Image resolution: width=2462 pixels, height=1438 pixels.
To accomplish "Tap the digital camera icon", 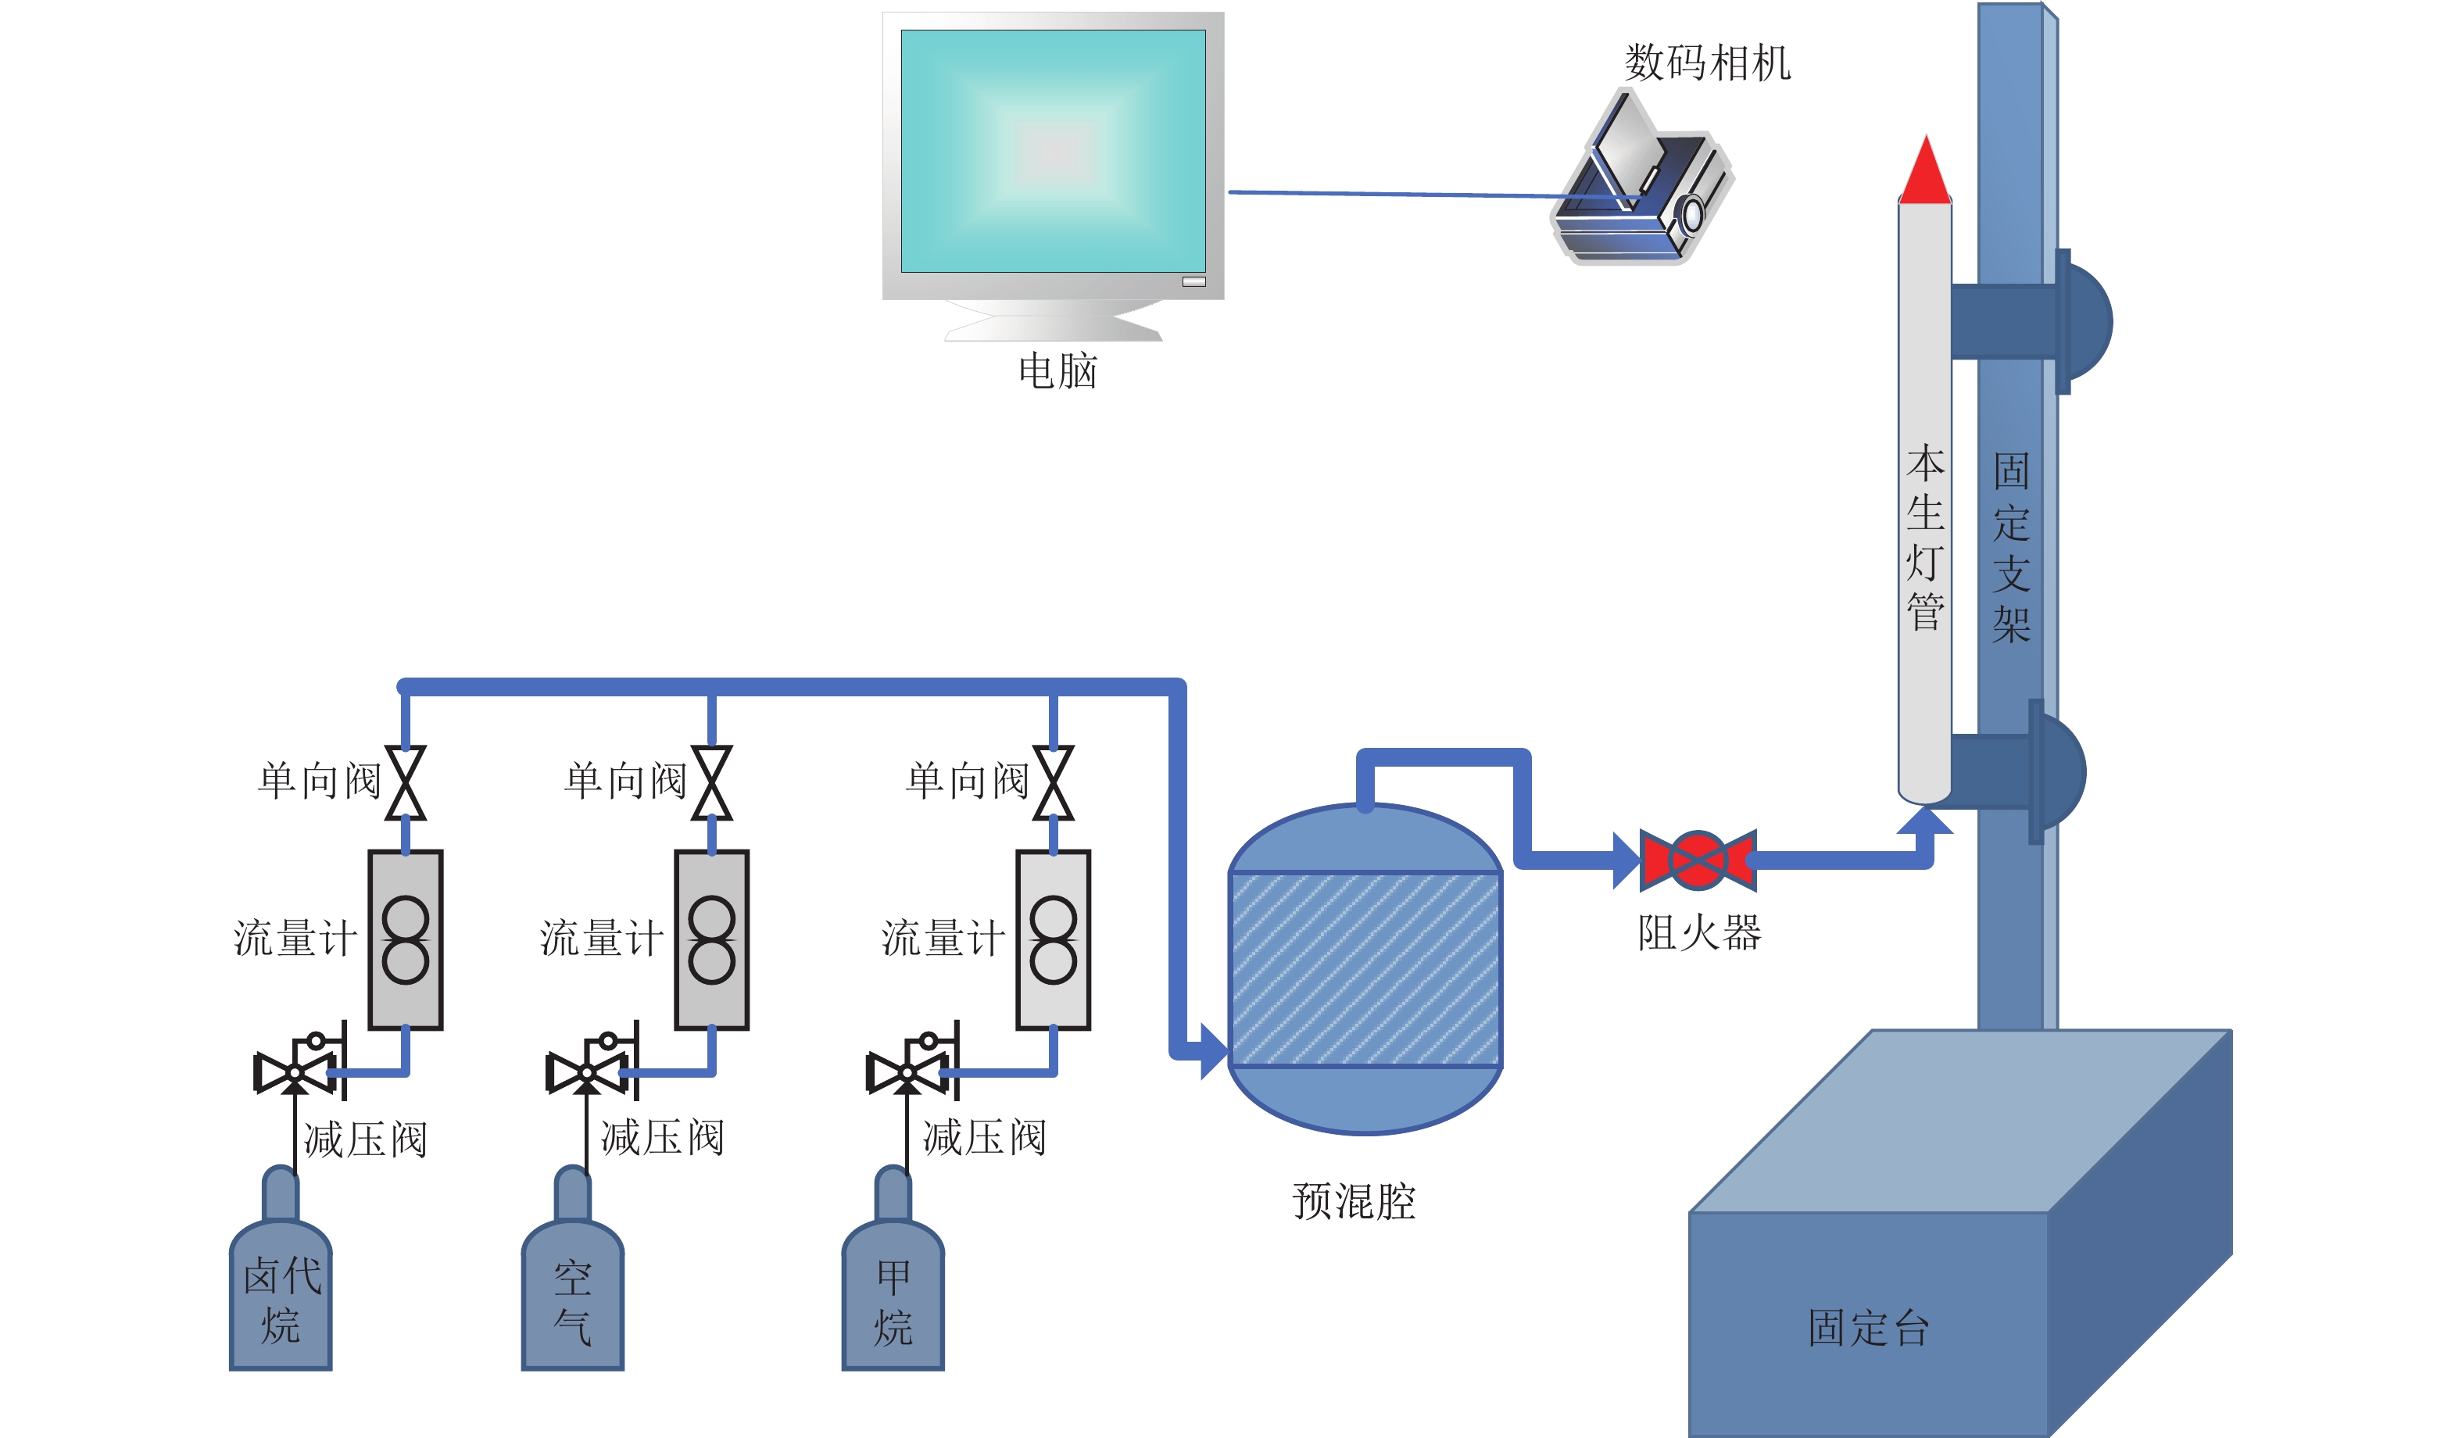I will (x=1642, y=181).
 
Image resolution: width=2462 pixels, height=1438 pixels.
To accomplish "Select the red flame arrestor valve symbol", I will (x=1698, y=860).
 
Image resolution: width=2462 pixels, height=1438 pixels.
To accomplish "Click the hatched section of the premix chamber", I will (x=1365, y=968).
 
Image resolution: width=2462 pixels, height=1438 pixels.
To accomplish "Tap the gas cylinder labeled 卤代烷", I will (x=281, y=1290).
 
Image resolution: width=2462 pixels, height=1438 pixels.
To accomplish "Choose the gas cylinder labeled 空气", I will (x=572, y=1290).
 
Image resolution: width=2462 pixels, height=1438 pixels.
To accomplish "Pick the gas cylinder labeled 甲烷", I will (x=893, y=1290).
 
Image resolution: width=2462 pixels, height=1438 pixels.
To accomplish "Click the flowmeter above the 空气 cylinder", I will (x=711, y=939).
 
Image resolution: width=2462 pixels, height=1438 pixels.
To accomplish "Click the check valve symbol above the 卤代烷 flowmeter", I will (x=406, y=782).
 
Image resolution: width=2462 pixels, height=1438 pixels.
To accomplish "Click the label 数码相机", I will (x=1707, y=63).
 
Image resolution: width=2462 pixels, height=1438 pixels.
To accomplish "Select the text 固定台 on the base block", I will (x=1868, y=1328).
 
